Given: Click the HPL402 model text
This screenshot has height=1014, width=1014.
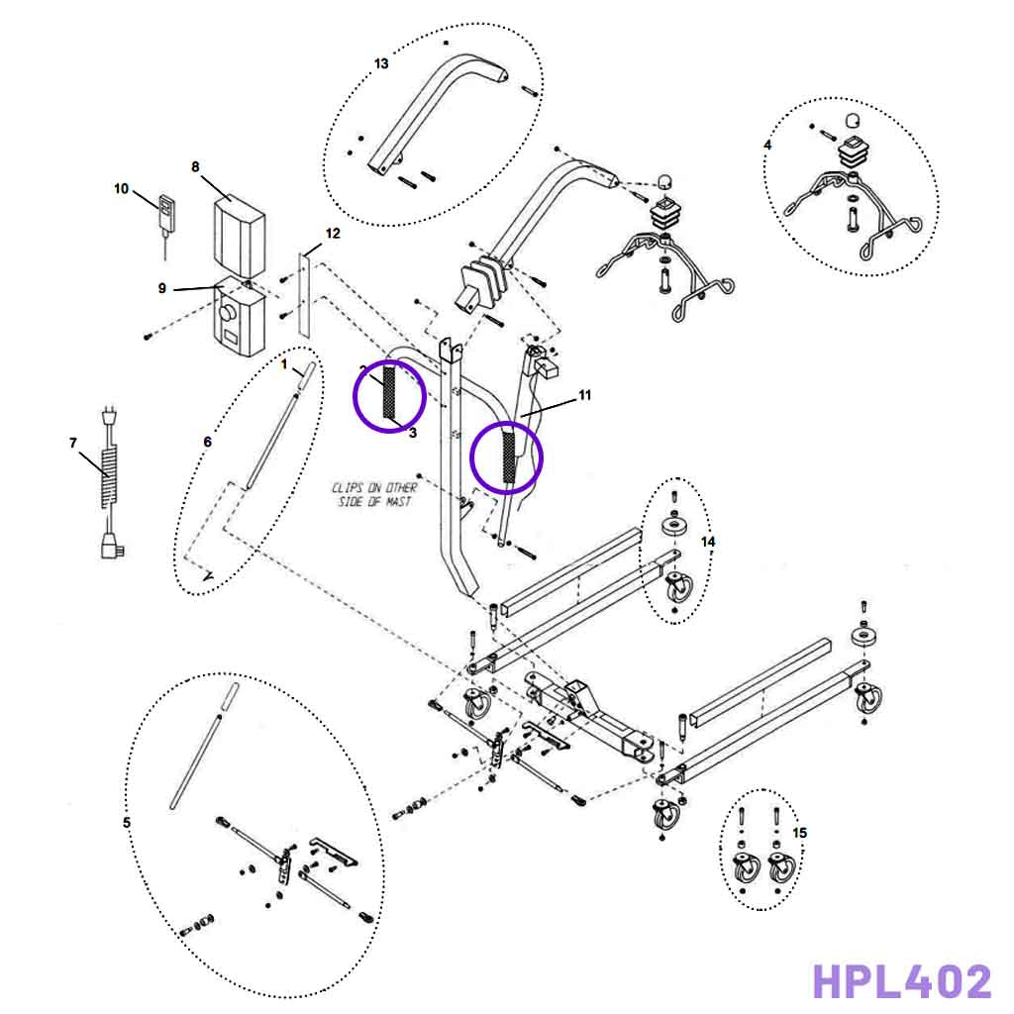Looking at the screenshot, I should coord(901,981).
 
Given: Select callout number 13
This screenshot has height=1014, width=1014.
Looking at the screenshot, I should coord(381,63).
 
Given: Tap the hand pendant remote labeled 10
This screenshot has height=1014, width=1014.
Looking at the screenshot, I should coord(165,213).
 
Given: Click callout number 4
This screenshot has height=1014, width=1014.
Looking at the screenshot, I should coord(767,145).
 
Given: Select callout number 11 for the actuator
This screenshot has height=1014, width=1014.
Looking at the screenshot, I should coord(584,395).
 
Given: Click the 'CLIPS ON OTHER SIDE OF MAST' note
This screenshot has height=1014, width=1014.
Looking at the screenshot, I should coord(374,495).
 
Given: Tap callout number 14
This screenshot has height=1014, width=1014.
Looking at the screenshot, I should coord(707,542).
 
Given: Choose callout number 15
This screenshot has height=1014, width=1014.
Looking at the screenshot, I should coord(800,833).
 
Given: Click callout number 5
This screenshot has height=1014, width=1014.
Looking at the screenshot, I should coord(126,823).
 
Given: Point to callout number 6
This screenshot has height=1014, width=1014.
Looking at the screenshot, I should coord(207,442).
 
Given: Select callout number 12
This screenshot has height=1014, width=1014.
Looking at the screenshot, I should coord(333,234).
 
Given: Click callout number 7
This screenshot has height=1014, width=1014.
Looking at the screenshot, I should coord(73,442).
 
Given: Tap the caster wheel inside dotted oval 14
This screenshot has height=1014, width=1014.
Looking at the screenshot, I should coord(680,590).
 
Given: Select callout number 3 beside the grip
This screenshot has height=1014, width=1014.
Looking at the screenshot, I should coord(412,433).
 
